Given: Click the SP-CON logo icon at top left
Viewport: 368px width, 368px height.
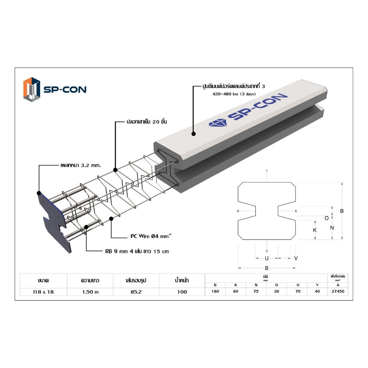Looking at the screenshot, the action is (x=32, y=89).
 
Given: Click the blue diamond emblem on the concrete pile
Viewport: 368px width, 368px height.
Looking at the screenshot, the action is (x=218, y=123).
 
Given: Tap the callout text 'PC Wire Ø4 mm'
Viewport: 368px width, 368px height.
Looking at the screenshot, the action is (x=151, y=236).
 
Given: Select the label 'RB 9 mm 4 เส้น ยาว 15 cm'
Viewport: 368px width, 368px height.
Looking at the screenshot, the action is (x=137, y=251).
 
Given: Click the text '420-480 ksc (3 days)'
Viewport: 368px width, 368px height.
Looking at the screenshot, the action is (x=234, y=94).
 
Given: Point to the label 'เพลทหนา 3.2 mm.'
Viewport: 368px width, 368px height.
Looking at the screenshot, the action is (x=81, y=165).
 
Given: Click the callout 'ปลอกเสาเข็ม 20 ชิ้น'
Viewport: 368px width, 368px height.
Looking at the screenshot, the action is (x=147, y=121).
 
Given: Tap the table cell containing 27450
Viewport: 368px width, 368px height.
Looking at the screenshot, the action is (x=338, y=291).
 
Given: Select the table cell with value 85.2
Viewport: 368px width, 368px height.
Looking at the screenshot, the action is (x=136, y=292).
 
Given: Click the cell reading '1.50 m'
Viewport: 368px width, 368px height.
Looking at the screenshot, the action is (x=91, y=292).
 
